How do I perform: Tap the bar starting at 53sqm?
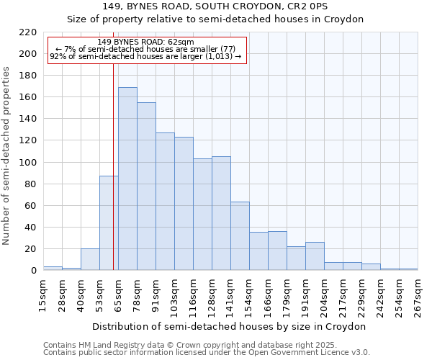[109, 223]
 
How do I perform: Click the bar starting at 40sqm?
[90, 259]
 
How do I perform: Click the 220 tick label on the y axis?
[28, 32]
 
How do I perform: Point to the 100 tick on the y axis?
[28, 163]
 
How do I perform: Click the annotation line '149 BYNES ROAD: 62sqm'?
[145, 42]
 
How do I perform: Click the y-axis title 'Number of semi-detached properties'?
[7, 156]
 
